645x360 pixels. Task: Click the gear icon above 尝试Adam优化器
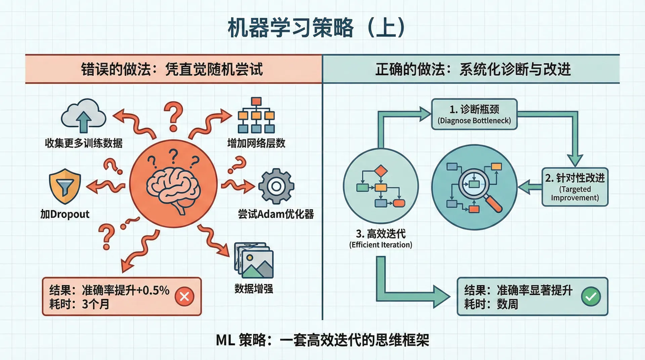pyautogui.click(x=276, y=186)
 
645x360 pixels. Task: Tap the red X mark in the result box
pyautogui.click(x=184, y=297)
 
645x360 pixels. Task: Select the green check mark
pyautogui.click(x=591, y=297)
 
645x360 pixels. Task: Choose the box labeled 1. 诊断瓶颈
pyautogui.click(x=474, y=114)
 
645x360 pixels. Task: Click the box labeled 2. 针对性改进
pyautogui.click(x=575, y=187)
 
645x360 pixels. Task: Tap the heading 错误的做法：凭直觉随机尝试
pyautogui.click(x=172, y=70)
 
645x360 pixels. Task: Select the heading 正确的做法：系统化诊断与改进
pyautogui.click(x=473, y=70)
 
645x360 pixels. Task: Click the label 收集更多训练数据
pyautogui.click(x=84, y=143)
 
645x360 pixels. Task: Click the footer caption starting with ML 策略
pyautogui.click(x=322, y=340)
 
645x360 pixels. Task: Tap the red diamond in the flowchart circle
pyautogui.click(x=381, y=171)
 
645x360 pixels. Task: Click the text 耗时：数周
pyautogui.click(x=491, y=304)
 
